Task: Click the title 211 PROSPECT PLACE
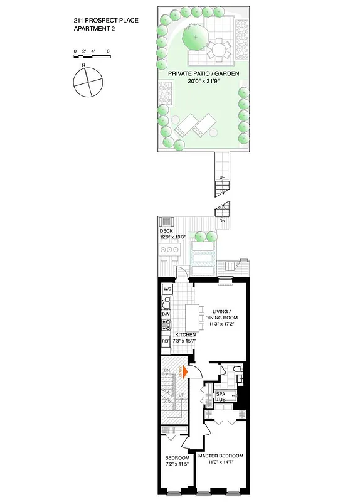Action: point(105,21)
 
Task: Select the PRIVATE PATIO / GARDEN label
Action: point(199,73)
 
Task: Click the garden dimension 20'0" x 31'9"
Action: point(199,81)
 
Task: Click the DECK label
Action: point(167,230)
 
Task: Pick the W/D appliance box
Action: point(167,289)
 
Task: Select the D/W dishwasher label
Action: point(166,314)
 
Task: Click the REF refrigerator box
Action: point(166,341)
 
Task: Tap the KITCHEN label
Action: point(186,335)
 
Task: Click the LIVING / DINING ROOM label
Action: point(225,314)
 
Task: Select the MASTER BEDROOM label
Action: point(221,456)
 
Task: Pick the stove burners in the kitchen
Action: point(167,325)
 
